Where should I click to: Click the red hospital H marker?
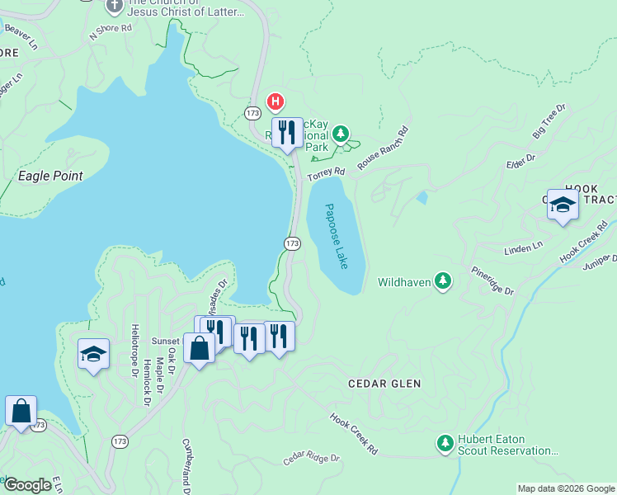(x=276, y=103)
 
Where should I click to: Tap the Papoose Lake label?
(x=337, y=236)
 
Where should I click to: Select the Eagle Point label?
(x=51, y=176)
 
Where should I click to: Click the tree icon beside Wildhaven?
(x=444, y=282)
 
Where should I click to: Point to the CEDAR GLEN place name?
(x=384, y=384)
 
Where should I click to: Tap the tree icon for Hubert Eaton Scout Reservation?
(x=445, y=444)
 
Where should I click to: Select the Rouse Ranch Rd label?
(x=383, y=148)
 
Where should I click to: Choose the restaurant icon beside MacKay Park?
(x=287, y=131)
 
